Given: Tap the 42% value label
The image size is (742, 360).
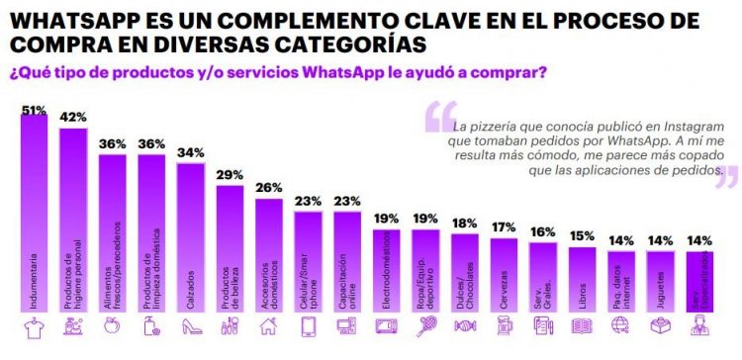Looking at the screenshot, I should (x=73, y=116).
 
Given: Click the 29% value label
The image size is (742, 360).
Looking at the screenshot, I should (x=230, y=174).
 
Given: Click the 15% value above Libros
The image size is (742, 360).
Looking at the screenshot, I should (x=582, y=235).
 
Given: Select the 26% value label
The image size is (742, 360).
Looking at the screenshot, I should (x=268, y=187).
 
